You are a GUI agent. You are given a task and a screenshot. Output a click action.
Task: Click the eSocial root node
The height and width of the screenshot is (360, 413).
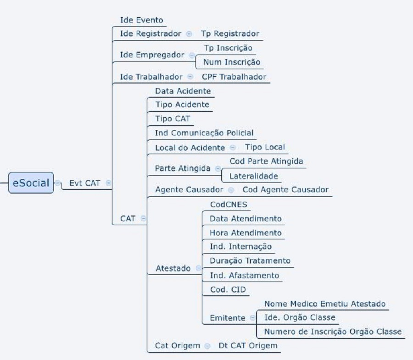31,183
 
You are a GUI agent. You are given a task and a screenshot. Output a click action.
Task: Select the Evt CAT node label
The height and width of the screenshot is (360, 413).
85,183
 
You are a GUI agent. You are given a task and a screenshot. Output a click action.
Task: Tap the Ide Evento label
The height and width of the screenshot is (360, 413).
141,20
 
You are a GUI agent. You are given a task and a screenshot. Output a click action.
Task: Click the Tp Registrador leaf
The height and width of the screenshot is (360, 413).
230,33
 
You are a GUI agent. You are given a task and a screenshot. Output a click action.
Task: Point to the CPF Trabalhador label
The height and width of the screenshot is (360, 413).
234,77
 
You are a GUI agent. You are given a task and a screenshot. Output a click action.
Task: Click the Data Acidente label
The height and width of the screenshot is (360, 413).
183,91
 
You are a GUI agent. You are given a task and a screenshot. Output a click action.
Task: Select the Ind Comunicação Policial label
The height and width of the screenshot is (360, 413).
204,133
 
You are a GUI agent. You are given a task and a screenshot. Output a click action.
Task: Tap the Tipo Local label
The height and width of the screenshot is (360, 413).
265,147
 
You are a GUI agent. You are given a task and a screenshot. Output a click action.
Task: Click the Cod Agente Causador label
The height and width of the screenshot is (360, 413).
285,189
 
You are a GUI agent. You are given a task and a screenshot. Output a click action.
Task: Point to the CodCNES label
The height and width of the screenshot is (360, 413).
223,204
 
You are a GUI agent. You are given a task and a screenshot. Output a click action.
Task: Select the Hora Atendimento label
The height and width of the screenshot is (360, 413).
246,233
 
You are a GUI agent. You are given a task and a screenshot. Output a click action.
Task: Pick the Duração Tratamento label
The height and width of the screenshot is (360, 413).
250,260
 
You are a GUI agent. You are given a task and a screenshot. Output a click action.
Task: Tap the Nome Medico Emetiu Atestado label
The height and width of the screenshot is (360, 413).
325,304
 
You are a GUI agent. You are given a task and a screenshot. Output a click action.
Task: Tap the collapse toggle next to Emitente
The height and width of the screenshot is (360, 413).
252,318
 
